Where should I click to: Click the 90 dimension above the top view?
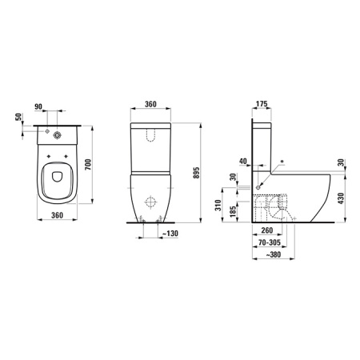tap(50, 105)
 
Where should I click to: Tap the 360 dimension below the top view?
tap(50, 238)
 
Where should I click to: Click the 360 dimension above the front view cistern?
tap(152, 105)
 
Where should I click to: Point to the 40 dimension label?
tap(243, 159)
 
